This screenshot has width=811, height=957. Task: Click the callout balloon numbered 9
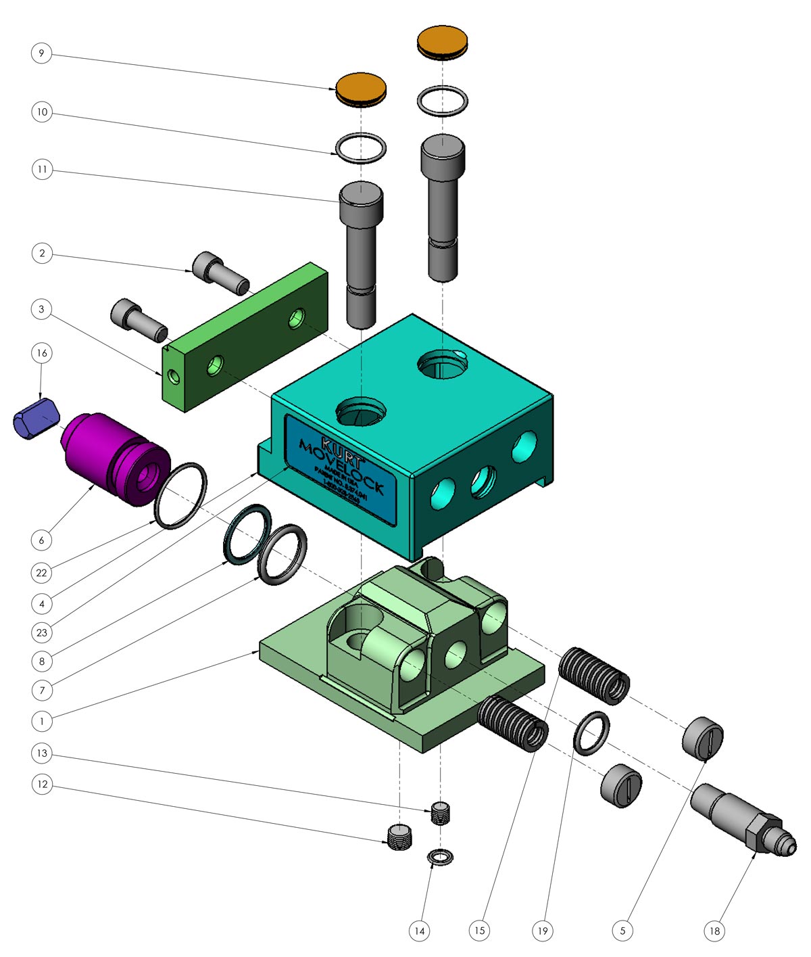(x=42, y=53)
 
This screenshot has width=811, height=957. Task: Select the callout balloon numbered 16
(x=42, y=353)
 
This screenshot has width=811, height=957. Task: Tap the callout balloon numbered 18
(x=714, y=931)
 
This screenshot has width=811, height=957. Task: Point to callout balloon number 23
(x=42, y=632)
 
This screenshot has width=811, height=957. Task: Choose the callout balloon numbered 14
(x=420, y=931)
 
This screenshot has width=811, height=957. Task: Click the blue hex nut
(x=36, y=419)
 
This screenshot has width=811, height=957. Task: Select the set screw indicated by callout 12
(x=400, y=837)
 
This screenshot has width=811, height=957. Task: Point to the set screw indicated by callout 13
(x=441, y=812)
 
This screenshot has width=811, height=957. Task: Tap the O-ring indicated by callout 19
(x=592, y=733)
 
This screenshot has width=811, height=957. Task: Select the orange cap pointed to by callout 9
(x=362, y=89)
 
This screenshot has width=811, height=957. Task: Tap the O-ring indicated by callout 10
(x=361, y=148)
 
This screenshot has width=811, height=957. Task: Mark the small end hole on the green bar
(x=174, y=377)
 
